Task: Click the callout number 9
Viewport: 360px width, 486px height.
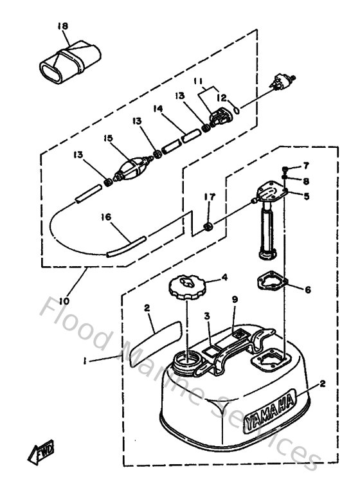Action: click(236, 300)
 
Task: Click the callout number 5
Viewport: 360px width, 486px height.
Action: click(307, 197)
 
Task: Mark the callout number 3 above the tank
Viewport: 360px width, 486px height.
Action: click(206, 316)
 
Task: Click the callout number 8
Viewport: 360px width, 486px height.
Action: click(307, 181)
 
